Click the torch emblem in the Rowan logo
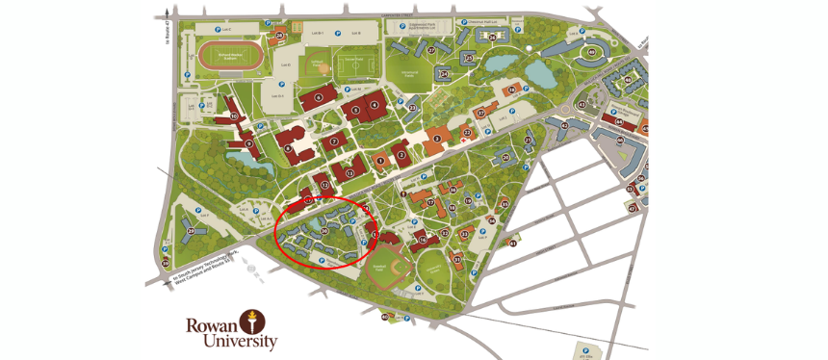(252, 321)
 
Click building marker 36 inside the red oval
(324, 230)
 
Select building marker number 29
(192, 231)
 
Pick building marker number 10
(233, 116)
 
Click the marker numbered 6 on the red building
(319, 97)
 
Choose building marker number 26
(279, 36)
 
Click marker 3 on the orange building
(437, 139)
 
